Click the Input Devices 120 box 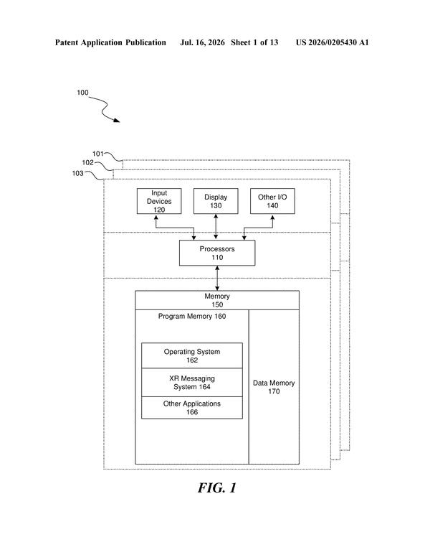(x=159, y=201)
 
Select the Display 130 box (x=216, y=201)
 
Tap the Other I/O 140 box (x=272, y=201)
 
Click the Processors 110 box (x=217, y=253)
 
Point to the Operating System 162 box (x=192, y=355)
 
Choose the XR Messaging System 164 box (x=192, y=382)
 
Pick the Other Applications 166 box (x=192, y=407)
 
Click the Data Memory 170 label (x=274, y=387)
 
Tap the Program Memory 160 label (x=192, y=316)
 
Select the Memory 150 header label (x=217, y=300)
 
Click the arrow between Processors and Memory (x=217, y=278)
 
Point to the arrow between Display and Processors (x=216, y=227)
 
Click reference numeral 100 (x=82, y=93)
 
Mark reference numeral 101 (x=98, y=154)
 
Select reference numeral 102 (x=87, y=163)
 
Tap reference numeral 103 (x=77, y=174)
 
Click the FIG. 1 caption (x=216, y=488)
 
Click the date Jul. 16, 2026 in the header (x=202, y=42)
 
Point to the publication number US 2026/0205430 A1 (x=332, y=42)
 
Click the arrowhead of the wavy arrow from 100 (x=119, y=121)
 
